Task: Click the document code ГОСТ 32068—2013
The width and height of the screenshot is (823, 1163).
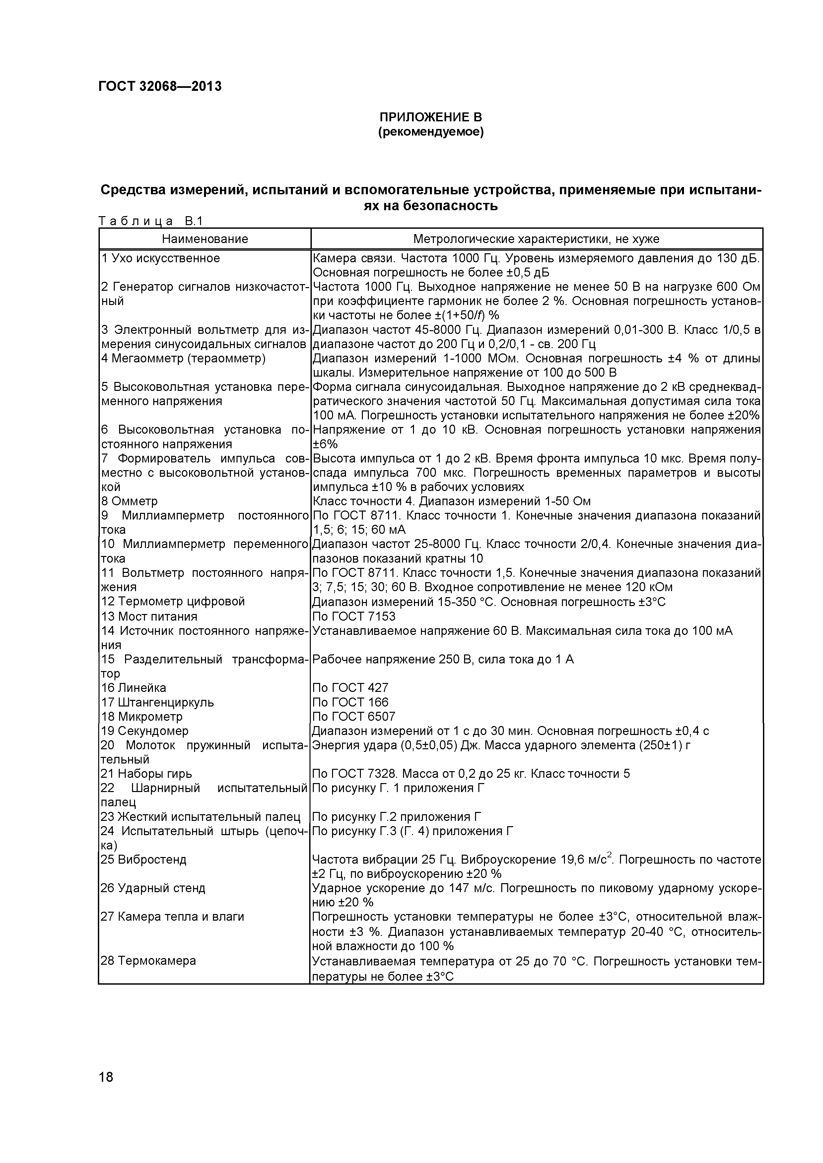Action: point(160,87)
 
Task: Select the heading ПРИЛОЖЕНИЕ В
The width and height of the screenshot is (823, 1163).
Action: point(431,117)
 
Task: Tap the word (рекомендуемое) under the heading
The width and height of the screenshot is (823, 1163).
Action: point(431,133)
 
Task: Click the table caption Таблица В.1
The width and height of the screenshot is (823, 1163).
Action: point(151,221)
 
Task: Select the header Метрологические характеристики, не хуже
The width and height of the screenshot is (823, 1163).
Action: point(536,239)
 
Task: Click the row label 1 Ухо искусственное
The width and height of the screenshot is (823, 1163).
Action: point(161,258)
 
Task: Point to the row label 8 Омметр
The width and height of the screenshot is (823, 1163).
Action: point(129,501)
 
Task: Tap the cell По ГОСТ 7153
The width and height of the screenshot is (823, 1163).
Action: point(354,616)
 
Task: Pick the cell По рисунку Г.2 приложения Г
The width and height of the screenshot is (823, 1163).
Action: point(397,817)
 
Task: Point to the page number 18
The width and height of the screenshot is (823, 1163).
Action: point(106,1091)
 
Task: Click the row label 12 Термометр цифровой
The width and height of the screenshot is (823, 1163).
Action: point(173,602)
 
